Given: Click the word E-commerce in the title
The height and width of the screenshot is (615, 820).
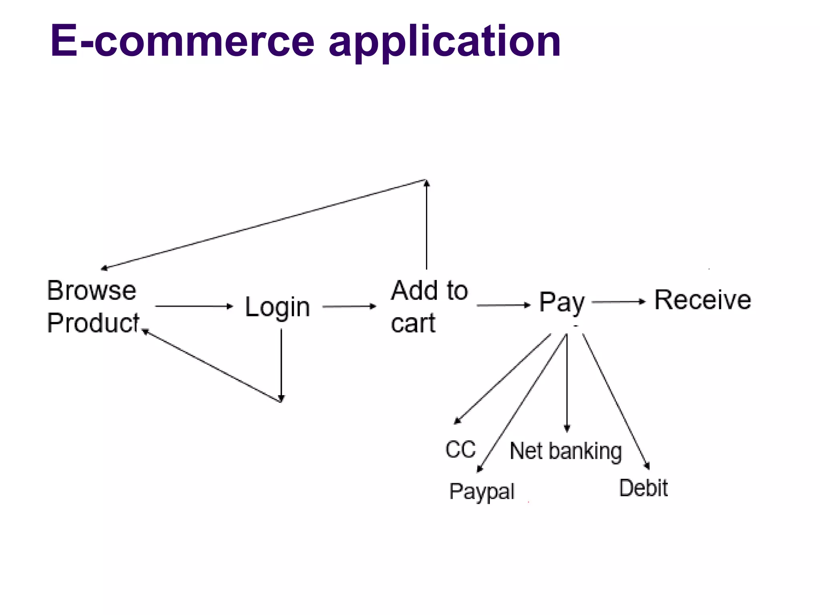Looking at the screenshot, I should click(182, 41).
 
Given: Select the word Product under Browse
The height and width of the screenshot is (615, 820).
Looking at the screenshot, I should click(93, 323).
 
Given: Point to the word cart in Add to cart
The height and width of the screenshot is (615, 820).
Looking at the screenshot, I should click(413, 324).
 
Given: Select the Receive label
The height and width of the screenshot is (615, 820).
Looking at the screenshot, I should click(703, 300).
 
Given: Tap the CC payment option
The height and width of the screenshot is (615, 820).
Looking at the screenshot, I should click(460, 449).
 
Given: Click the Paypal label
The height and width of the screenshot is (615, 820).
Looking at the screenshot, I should click(482, 492).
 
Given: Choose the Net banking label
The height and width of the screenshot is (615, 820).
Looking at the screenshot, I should click(566, 451).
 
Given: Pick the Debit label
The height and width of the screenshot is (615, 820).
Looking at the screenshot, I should click(643, 488).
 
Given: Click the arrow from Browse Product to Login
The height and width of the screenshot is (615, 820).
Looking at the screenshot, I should click(194, 306).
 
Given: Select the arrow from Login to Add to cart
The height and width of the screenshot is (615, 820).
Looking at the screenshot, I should click(349, 307).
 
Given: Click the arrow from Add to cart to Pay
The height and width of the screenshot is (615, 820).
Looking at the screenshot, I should click(503, 305).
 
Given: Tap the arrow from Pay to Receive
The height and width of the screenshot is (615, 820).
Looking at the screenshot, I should click(618, 302).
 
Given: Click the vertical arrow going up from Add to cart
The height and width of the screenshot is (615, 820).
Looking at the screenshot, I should click(427, 224).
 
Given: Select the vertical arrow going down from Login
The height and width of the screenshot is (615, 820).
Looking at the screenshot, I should click(281, 364).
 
